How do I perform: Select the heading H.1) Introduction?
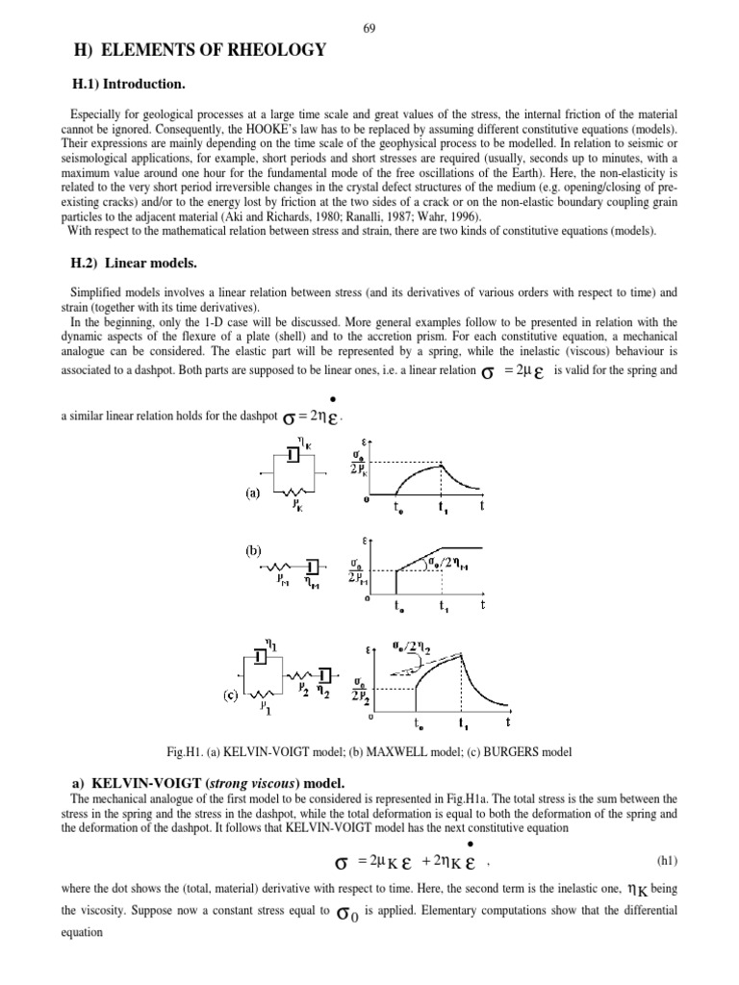[x=127, y=85]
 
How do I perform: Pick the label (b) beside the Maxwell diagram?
[x=251, y=553]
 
